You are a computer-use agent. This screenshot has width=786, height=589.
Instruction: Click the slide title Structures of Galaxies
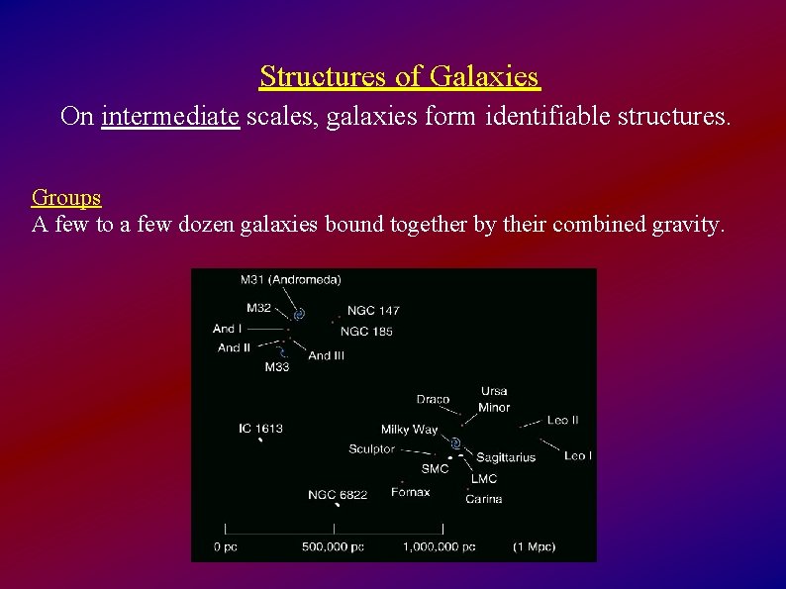tap(399, 76)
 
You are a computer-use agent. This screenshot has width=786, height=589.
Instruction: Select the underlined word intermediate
tap(170, 117)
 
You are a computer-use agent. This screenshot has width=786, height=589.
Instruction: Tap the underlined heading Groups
tap(66, 198)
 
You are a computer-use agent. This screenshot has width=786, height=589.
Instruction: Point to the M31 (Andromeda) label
tap(290, 279)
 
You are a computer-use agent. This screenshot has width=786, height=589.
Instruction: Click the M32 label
tap(258, 308)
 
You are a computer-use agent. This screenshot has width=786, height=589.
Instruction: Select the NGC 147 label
tap(373, 311)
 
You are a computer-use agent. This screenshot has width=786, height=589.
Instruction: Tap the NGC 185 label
tap(366, 332)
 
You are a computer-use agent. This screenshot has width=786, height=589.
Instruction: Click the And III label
tap(326, 355)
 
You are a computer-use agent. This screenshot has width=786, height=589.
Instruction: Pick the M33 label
tap(277, 367)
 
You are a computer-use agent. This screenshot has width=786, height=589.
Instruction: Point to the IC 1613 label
tap(260, 429)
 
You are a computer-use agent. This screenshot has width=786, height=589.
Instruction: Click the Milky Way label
tap(409, 430)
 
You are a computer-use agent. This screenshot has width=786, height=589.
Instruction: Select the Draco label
tap(433, 400)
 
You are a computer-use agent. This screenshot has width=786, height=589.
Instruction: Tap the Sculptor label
tap(371, 449)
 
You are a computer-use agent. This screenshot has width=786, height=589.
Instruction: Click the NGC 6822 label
tap(338, 494)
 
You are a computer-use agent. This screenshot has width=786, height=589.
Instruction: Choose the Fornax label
tap(410, 492)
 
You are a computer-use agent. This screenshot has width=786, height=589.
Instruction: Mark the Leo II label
tap(562, 421)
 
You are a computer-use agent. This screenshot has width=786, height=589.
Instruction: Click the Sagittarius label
tap(505, 457)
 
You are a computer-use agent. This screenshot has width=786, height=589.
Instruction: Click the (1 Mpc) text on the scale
tap(535, 546)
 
